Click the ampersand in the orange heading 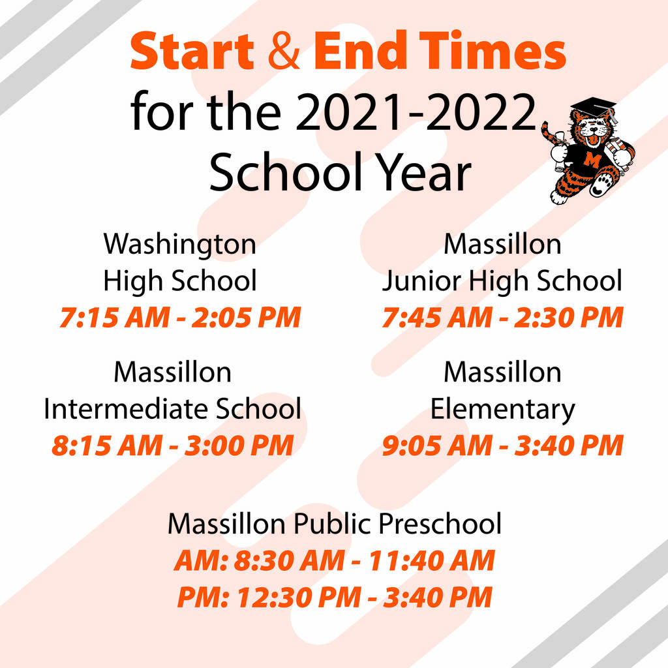[284, 51]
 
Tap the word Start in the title [192, 51]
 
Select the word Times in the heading [493, 50]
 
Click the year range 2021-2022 [416, 112]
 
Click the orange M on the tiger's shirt [592, 160]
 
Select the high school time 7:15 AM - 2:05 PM [180, 318]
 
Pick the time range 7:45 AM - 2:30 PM [503, 318]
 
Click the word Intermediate [127, 408]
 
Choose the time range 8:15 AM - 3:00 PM [172, 446]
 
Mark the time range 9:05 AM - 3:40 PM [503, 446]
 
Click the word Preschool [440, 523]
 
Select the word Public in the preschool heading [331, 523]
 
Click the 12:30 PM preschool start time [299, 597]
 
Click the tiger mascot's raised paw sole [602, 185]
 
